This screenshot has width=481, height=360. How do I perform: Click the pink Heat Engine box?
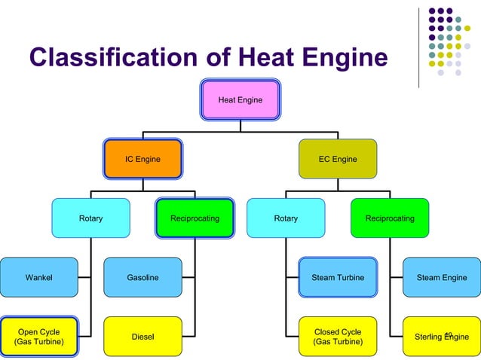[x=240, y=99]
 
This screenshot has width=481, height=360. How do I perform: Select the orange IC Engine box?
[x=142, y=159]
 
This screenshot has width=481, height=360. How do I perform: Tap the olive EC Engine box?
[x=337, y=159]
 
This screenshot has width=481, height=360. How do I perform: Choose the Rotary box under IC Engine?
[x=90, y=218]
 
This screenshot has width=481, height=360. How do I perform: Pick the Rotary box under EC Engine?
[x=286, y=218]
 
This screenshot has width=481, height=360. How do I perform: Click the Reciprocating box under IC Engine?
[x=195, y=218]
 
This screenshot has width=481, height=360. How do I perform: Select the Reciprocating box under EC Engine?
[x=389, y=218]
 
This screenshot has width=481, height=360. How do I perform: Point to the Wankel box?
[x=38, y=277]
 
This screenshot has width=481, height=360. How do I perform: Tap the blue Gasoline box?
[x=142, y=277]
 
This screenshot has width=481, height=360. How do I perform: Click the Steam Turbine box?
[x=337, y=277]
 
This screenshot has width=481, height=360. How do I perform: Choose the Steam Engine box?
[x=441, y=277]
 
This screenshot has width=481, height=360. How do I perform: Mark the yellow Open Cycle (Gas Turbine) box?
[x=38, y=337]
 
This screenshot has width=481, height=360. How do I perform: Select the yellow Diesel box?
[x=142, y=337]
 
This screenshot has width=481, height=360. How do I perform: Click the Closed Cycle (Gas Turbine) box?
[x=337, y=337]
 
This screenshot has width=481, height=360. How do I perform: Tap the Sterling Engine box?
[x=441, y=337]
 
